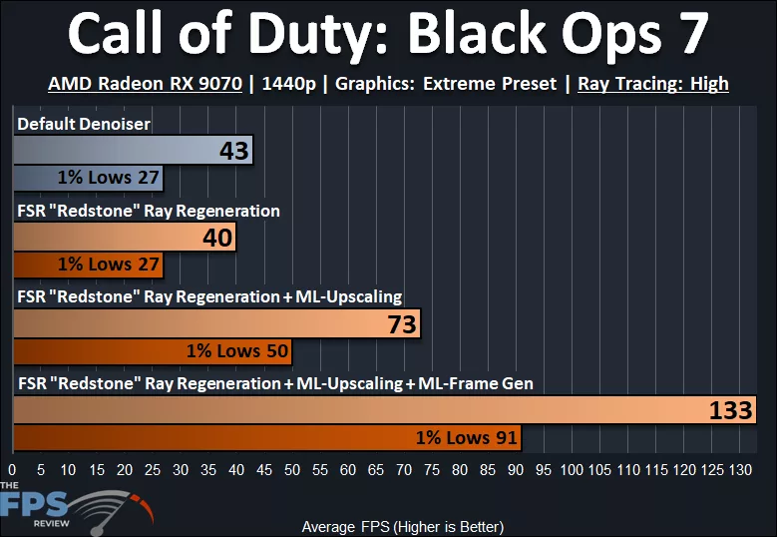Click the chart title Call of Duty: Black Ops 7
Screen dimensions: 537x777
click(x=388, y=35)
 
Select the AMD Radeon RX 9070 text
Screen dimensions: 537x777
click(x=145, y=84)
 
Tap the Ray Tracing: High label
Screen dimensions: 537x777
click(x=653, y=84)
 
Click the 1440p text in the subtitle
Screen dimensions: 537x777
click(x=288, y=84)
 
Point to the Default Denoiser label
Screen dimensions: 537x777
click(x=84, y=124)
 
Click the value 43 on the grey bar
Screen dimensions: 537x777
click(x=235, y=152)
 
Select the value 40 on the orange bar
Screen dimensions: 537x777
click(x=217, y=238)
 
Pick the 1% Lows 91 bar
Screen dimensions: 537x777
click(x=266, y=438)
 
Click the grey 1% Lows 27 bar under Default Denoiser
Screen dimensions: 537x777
click(x=88, y=178)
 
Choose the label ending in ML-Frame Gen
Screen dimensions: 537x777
click(x=274, y=383)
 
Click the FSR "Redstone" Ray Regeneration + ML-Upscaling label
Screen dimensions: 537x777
click(x=209, y=296)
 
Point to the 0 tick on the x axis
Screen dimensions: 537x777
click(x=12, y=469)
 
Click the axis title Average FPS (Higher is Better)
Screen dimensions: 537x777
click(x=402, y=526)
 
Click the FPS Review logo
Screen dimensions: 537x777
click(x=75, y=507)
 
